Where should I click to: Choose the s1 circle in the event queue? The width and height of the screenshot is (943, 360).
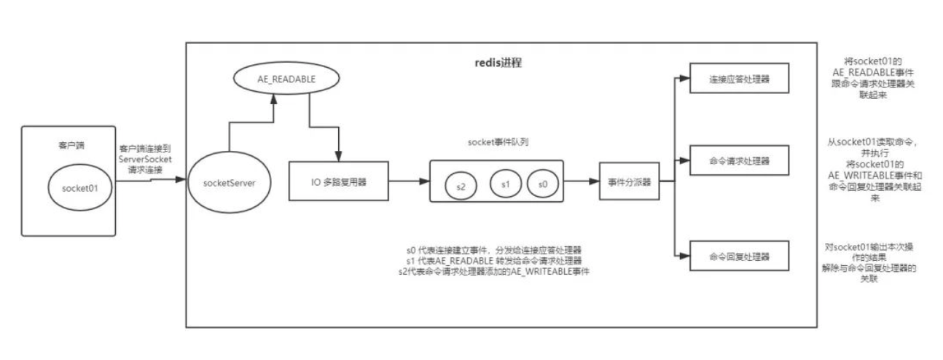(x=504, y=183)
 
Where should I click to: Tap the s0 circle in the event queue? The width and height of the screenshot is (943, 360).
(x=542, y=183)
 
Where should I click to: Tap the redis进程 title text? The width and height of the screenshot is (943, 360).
(x=498, y=63)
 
